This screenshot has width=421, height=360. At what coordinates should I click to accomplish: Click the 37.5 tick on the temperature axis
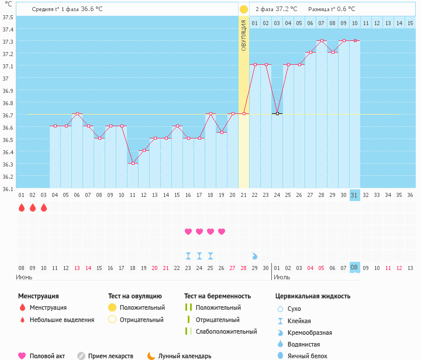coord(8,17)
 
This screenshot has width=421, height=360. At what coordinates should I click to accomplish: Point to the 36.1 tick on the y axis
coord(8,189)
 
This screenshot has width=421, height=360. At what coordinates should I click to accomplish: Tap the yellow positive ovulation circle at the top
coord(244,9)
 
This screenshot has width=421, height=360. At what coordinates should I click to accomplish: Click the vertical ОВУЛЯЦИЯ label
coord(244,35)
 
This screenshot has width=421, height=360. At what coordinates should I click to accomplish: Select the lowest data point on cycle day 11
coord(133,163)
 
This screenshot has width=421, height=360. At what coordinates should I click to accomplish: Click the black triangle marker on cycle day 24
coord(277,113)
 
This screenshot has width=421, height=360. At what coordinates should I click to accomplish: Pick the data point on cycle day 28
coord(322,41)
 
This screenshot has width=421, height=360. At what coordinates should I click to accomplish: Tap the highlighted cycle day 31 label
coord(355,195)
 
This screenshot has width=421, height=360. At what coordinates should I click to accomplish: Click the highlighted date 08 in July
coord(355,268)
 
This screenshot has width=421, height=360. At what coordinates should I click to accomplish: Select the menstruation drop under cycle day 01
coord(22,207)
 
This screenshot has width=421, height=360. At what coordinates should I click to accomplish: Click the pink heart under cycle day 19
coord(222,231)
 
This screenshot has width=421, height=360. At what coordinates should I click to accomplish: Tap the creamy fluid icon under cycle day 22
coord(254,256)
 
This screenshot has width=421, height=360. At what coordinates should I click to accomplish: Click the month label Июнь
coord(24,276)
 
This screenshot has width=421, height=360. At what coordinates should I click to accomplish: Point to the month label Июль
coord(282,276)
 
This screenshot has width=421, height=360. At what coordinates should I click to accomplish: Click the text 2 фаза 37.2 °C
coord(276,9)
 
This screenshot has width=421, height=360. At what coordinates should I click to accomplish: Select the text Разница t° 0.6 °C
coord(331,9)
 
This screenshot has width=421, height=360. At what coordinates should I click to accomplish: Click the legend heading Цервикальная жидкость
coord(313,296)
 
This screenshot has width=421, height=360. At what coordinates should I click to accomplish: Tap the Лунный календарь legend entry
coord(184,355)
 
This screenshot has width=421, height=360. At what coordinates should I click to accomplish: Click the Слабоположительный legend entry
coord(226,331)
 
